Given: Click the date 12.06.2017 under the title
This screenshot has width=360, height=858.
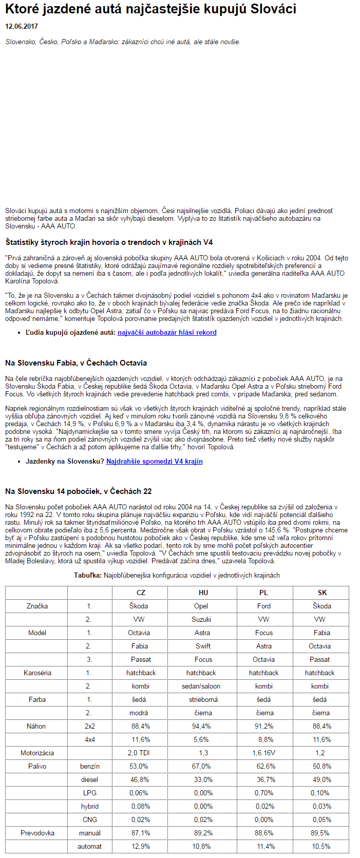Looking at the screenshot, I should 22,26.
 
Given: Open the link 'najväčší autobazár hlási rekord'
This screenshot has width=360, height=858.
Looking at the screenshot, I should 167,332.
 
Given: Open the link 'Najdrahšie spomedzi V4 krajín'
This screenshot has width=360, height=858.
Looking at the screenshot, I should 154,461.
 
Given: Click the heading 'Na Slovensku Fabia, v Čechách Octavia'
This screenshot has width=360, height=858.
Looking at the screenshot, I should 76,363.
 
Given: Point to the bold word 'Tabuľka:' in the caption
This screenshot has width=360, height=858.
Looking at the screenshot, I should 87,575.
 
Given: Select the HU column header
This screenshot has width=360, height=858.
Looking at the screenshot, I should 203,593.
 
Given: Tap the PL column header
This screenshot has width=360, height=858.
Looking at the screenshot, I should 263,593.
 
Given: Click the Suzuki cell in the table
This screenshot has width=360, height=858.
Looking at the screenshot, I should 201,619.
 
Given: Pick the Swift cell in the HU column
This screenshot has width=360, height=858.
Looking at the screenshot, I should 203,646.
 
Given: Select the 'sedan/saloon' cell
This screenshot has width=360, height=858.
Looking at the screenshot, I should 201,686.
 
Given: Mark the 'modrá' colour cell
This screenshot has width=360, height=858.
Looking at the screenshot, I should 139,713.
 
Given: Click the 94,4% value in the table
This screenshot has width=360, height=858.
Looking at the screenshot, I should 201,726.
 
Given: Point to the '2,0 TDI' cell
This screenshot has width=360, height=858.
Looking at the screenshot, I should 139,753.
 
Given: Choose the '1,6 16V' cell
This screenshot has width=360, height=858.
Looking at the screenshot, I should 264,753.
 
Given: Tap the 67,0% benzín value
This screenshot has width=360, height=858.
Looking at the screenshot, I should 201,766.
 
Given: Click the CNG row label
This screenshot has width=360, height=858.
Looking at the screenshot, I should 90,819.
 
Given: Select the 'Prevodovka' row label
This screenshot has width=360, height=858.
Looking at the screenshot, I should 37,833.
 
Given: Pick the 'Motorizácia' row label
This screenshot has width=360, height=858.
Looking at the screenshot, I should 37,753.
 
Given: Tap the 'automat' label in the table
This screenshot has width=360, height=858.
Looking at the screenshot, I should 90,846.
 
